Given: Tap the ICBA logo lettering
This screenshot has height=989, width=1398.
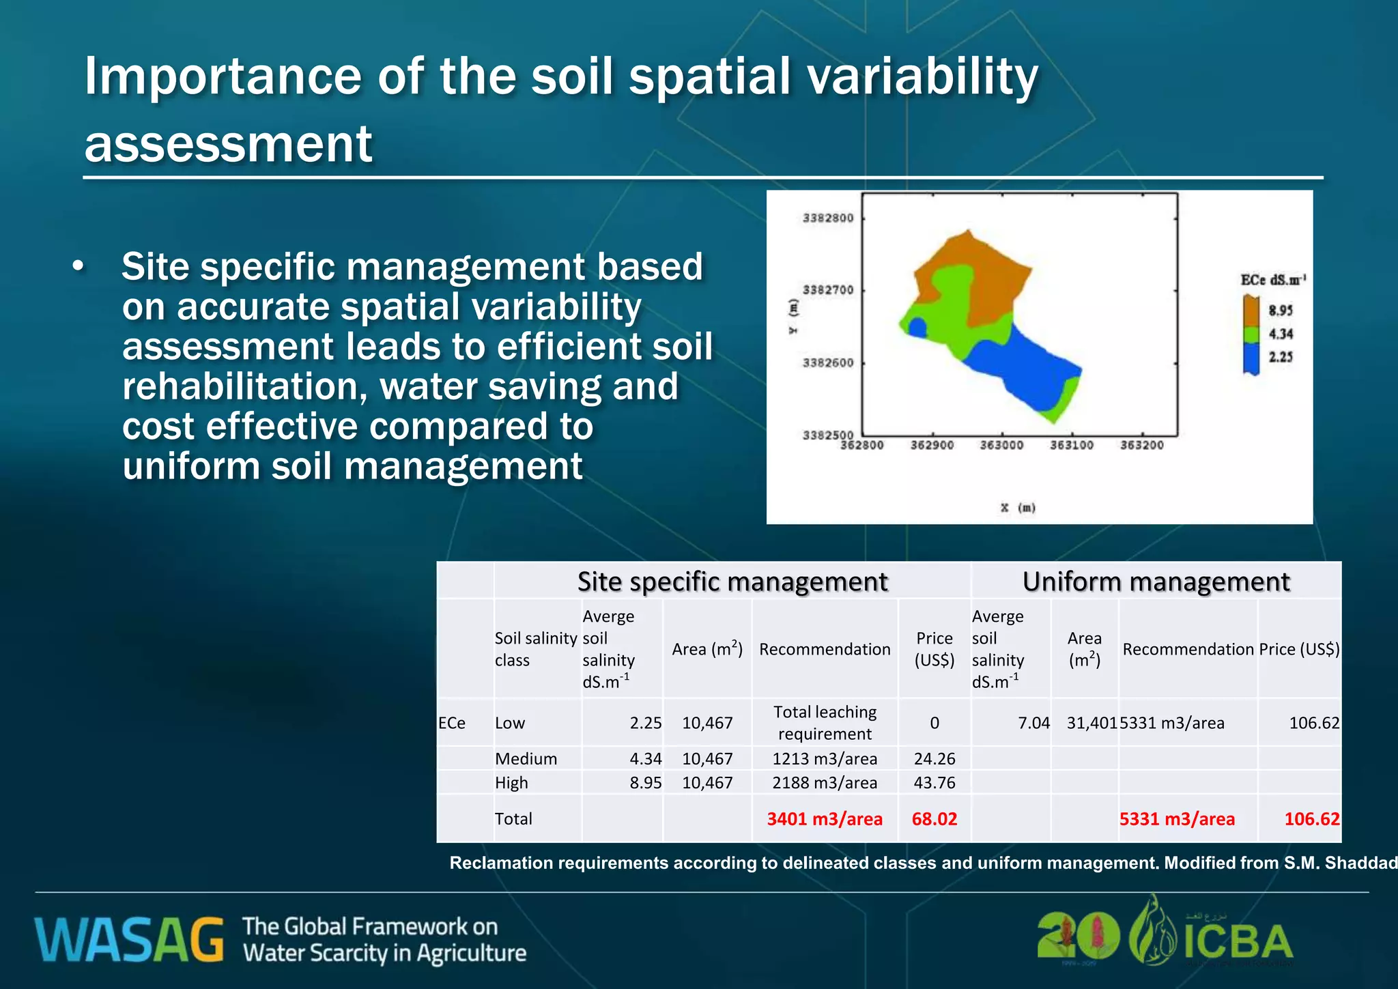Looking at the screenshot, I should [x=1238, y=942].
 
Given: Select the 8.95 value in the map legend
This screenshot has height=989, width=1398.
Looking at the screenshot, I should [x=1281, y=311].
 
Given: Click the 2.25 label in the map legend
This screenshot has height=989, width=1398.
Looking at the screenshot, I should [x=1281, y=357].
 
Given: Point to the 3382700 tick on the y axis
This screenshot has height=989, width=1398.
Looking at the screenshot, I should [x=827, y=290].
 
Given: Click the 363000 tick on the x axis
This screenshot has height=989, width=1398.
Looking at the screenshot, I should [x=1001, y=445].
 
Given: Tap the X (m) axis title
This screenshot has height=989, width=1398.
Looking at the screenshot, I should [x=1018, y=508].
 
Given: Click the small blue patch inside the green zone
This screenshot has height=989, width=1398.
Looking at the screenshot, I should [x=917, y=328].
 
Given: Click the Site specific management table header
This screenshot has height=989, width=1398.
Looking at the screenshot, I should [x=732, y=582].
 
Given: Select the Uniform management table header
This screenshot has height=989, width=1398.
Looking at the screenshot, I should [x=1156, y=582].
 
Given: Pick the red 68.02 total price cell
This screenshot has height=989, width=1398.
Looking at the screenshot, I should [x=934, y=818].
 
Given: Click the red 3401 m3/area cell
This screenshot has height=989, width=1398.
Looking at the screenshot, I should [x=824, y=818].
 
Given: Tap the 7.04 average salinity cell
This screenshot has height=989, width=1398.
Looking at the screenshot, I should [x=1033, y=723].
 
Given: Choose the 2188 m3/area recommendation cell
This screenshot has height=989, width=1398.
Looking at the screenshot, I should [x=824, y=782].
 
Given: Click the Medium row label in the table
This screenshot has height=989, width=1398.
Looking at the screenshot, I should [x=526, y=758].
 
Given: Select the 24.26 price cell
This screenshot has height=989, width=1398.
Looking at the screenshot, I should [x=934, y=758].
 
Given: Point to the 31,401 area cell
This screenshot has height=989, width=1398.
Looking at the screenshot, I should [x=1091, y=723].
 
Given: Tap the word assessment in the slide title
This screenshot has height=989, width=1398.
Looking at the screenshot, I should [x=228, y=144].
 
